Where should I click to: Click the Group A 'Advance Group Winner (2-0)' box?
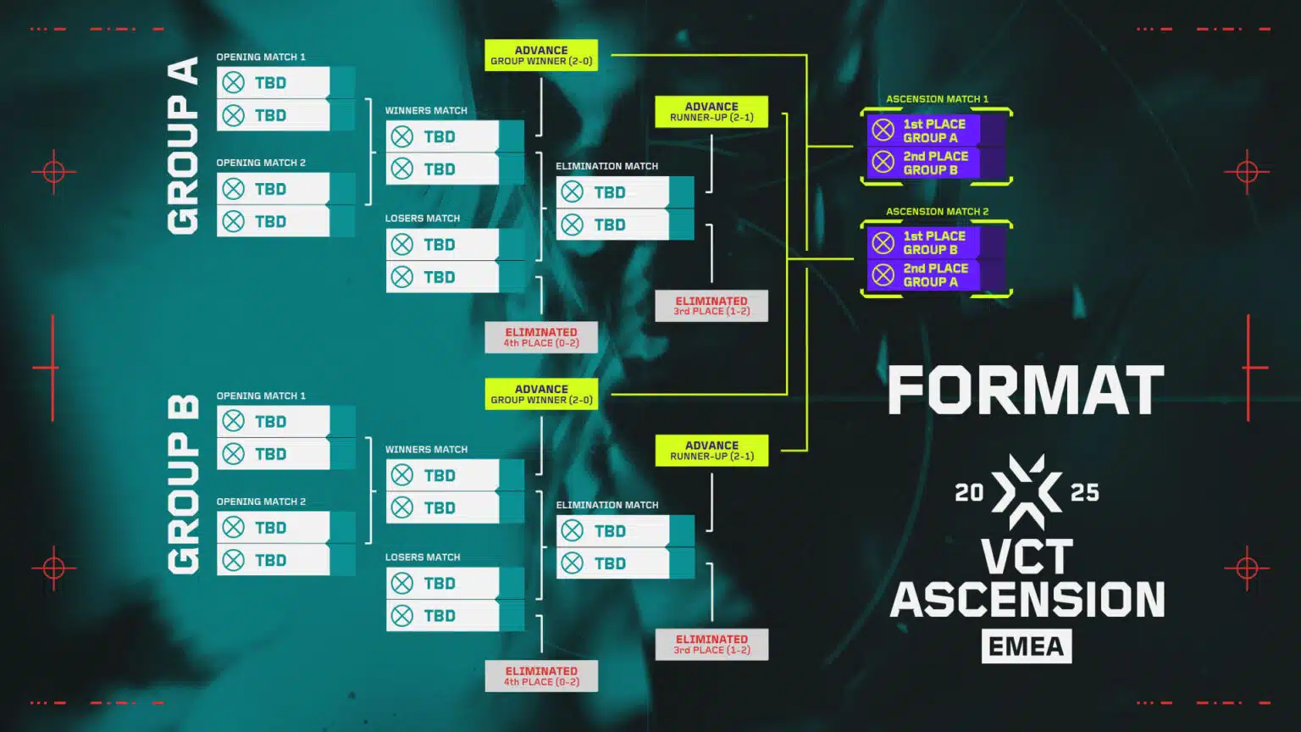[541, 55]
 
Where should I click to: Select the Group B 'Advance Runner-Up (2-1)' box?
[711, 451]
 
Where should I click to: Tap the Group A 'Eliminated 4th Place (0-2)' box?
[541, 337]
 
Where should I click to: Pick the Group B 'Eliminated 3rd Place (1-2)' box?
[711, 645]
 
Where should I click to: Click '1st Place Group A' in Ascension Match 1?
[934, 130]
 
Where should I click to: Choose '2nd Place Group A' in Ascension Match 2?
[934, 275]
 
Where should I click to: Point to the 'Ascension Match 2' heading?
[937, 212]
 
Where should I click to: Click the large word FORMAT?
[1026, 391]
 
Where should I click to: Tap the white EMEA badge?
[1027, 646]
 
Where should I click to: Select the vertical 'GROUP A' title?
[183, 146]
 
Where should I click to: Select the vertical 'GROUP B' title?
[183, 485]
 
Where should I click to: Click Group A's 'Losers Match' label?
[423, 219]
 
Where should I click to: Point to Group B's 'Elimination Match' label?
[606, 505]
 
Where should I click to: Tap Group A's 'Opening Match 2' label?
[261, 163]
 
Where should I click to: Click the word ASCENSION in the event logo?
[1027, 600]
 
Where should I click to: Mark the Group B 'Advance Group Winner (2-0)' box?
[541, 394]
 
